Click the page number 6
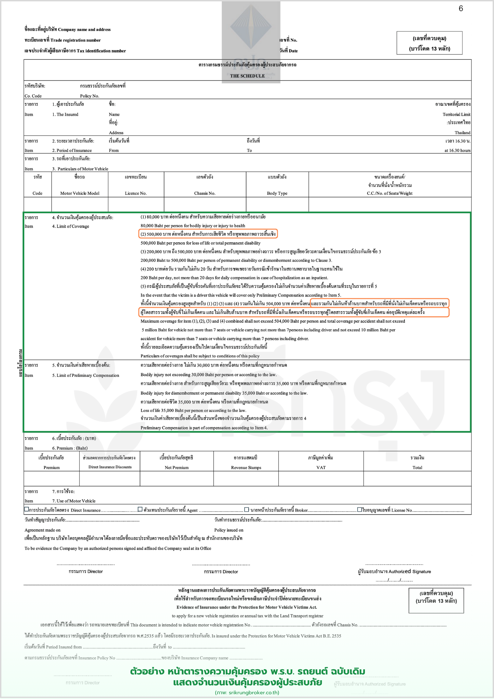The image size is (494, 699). coord(461,9)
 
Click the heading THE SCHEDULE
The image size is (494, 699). coord(247,76)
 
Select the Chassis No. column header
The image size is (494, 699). coord(205,193)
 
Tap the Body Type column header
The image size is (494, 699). coord(277,193)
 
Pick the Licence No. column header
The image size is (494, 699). coord(136,193)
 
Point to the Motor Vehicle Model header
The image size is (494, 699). coord(80,193)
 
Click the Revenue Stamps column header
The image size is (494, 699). coord(246,468)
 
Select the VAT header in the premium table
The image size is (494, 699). coord(321,468)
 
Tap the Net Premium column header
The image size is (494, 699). coord(177,468)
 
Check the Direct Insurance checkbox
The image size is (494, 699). coord(27,510)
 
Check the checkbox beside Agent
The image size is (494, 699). coord(140,510)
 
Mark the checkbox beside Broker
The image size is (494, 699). coord(247,510)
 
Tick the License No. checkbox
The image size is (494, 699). coord(360,510)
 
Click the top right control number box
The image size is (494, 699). coord(429,43)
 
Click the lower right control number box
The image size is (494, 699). coord(436,600)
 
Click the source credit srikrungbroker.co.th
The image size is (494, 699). coord(247,693)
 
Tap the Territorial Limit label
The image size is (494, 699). coord(456,114)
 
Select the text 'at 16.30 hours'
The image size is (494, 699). coord(457,150)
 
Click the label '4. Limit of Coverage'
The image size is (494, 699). coord(71,226)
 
